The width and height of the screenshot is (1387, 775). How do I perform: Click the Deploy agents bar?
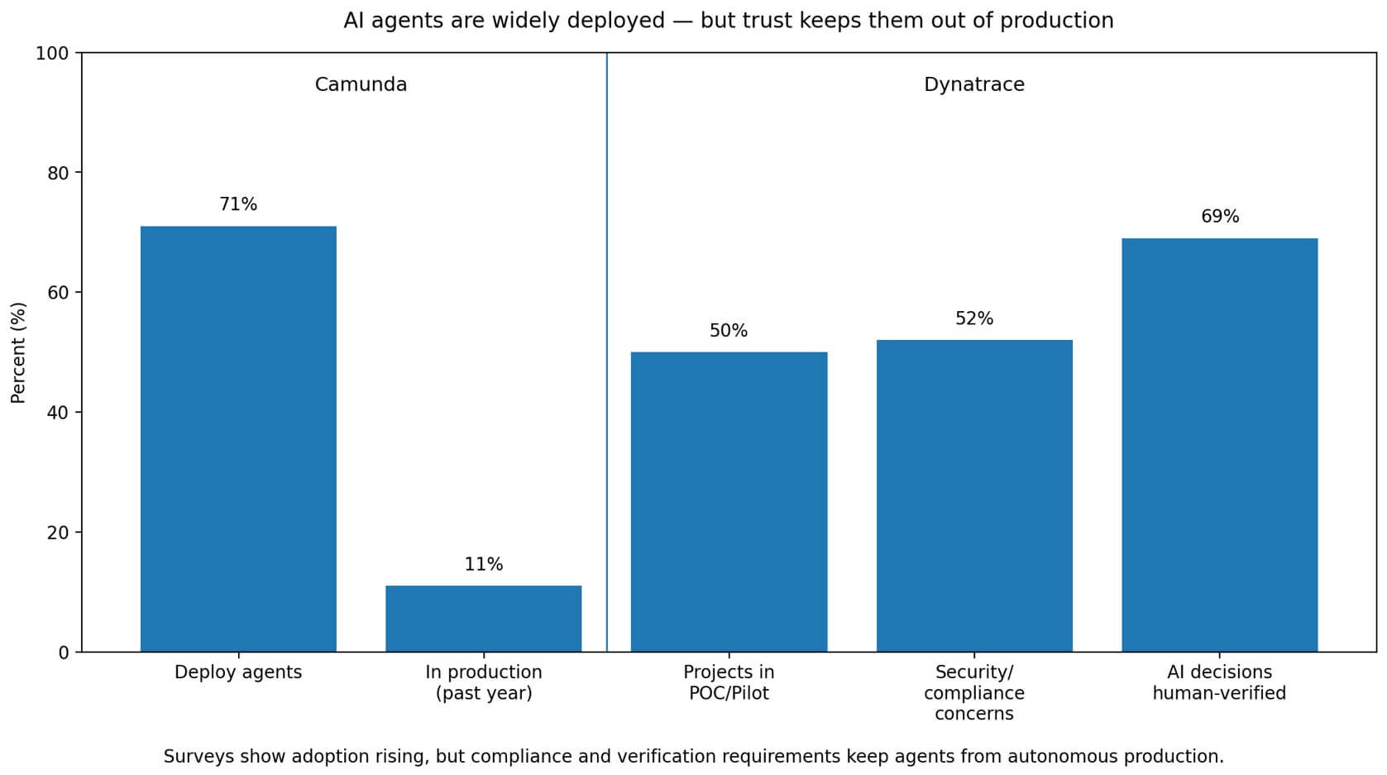tap(238, 438)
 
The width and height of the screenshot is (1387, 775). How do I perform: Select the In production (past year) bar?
tap(483, 619)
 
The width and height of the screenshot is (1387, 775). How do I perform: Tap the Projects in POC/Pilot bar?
tap(729, 501)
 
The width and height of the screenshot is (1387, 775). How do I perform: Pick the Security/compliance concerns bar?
tap(974, 495)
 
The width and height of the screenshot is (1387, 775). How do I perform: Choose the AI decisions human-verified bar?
tap(1219, 445)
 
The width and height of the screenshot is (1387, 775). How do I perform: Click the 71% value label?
tap(238, 204)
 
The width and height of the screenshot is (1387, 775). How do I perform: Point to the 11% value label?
tap(483, 564)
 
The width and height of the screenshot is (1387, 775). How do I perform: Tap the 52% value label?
tap(974, 318)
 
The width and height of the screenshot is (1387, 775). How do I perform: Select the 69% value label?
tap(1219, 217)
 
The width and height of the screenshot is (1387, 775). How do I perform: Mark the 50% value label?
tap(729, 331)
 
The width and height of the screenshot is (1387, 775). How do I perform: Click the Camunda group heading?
tap(361, 84)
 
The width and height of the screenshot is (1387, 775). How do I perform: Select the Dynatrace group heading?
tap(973, 84)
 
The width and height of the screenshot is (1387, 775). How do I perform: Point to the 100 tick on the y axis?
tap(52, 54)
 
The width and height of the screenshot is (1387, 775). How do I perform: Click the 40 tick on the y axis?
tap(57, 413)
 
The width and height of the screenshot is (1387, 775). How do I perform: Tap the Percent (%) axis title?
tap(18, 352)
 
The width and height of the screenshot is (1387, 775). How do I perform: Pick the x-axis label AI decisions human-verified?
tap(1219, 682)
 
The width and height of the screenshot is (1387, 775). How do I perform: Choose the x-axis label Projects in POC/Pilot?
tap(729, 682)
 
